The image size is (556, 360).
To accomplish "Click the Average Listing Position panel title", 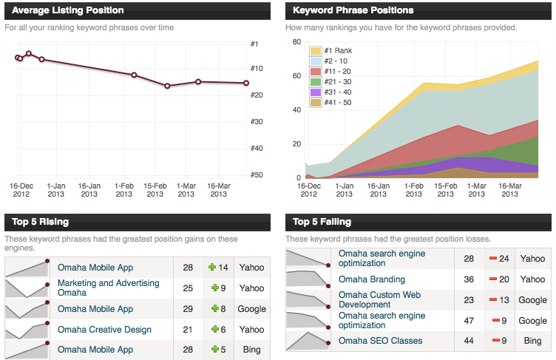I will (x=68, y=10).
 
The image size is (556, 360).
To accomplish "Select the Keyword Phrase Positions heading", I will (x=353, y=10).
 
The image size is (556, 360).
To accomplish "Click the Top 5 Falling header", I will (x=322, y=221).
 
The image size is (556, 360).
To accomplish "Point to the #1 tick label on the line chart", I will (x=254, y=44).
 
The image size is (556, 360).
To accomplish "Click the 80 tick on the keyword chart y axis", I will (x=296, y=42).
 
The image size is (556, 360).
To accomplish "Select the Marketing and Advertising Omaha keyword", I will (x=108, y=288).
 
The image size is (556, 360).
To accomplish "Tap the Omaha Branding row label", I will (x=371, y=279).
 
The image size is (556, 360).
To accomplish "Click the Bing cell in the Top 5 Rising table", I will (x=251, y=350).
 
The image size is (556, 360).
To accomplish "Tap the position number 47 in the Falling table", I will (x=469, y=321).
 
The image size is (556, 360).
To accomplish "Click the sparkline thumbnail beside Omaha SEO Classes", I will (x=308, y=341).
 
